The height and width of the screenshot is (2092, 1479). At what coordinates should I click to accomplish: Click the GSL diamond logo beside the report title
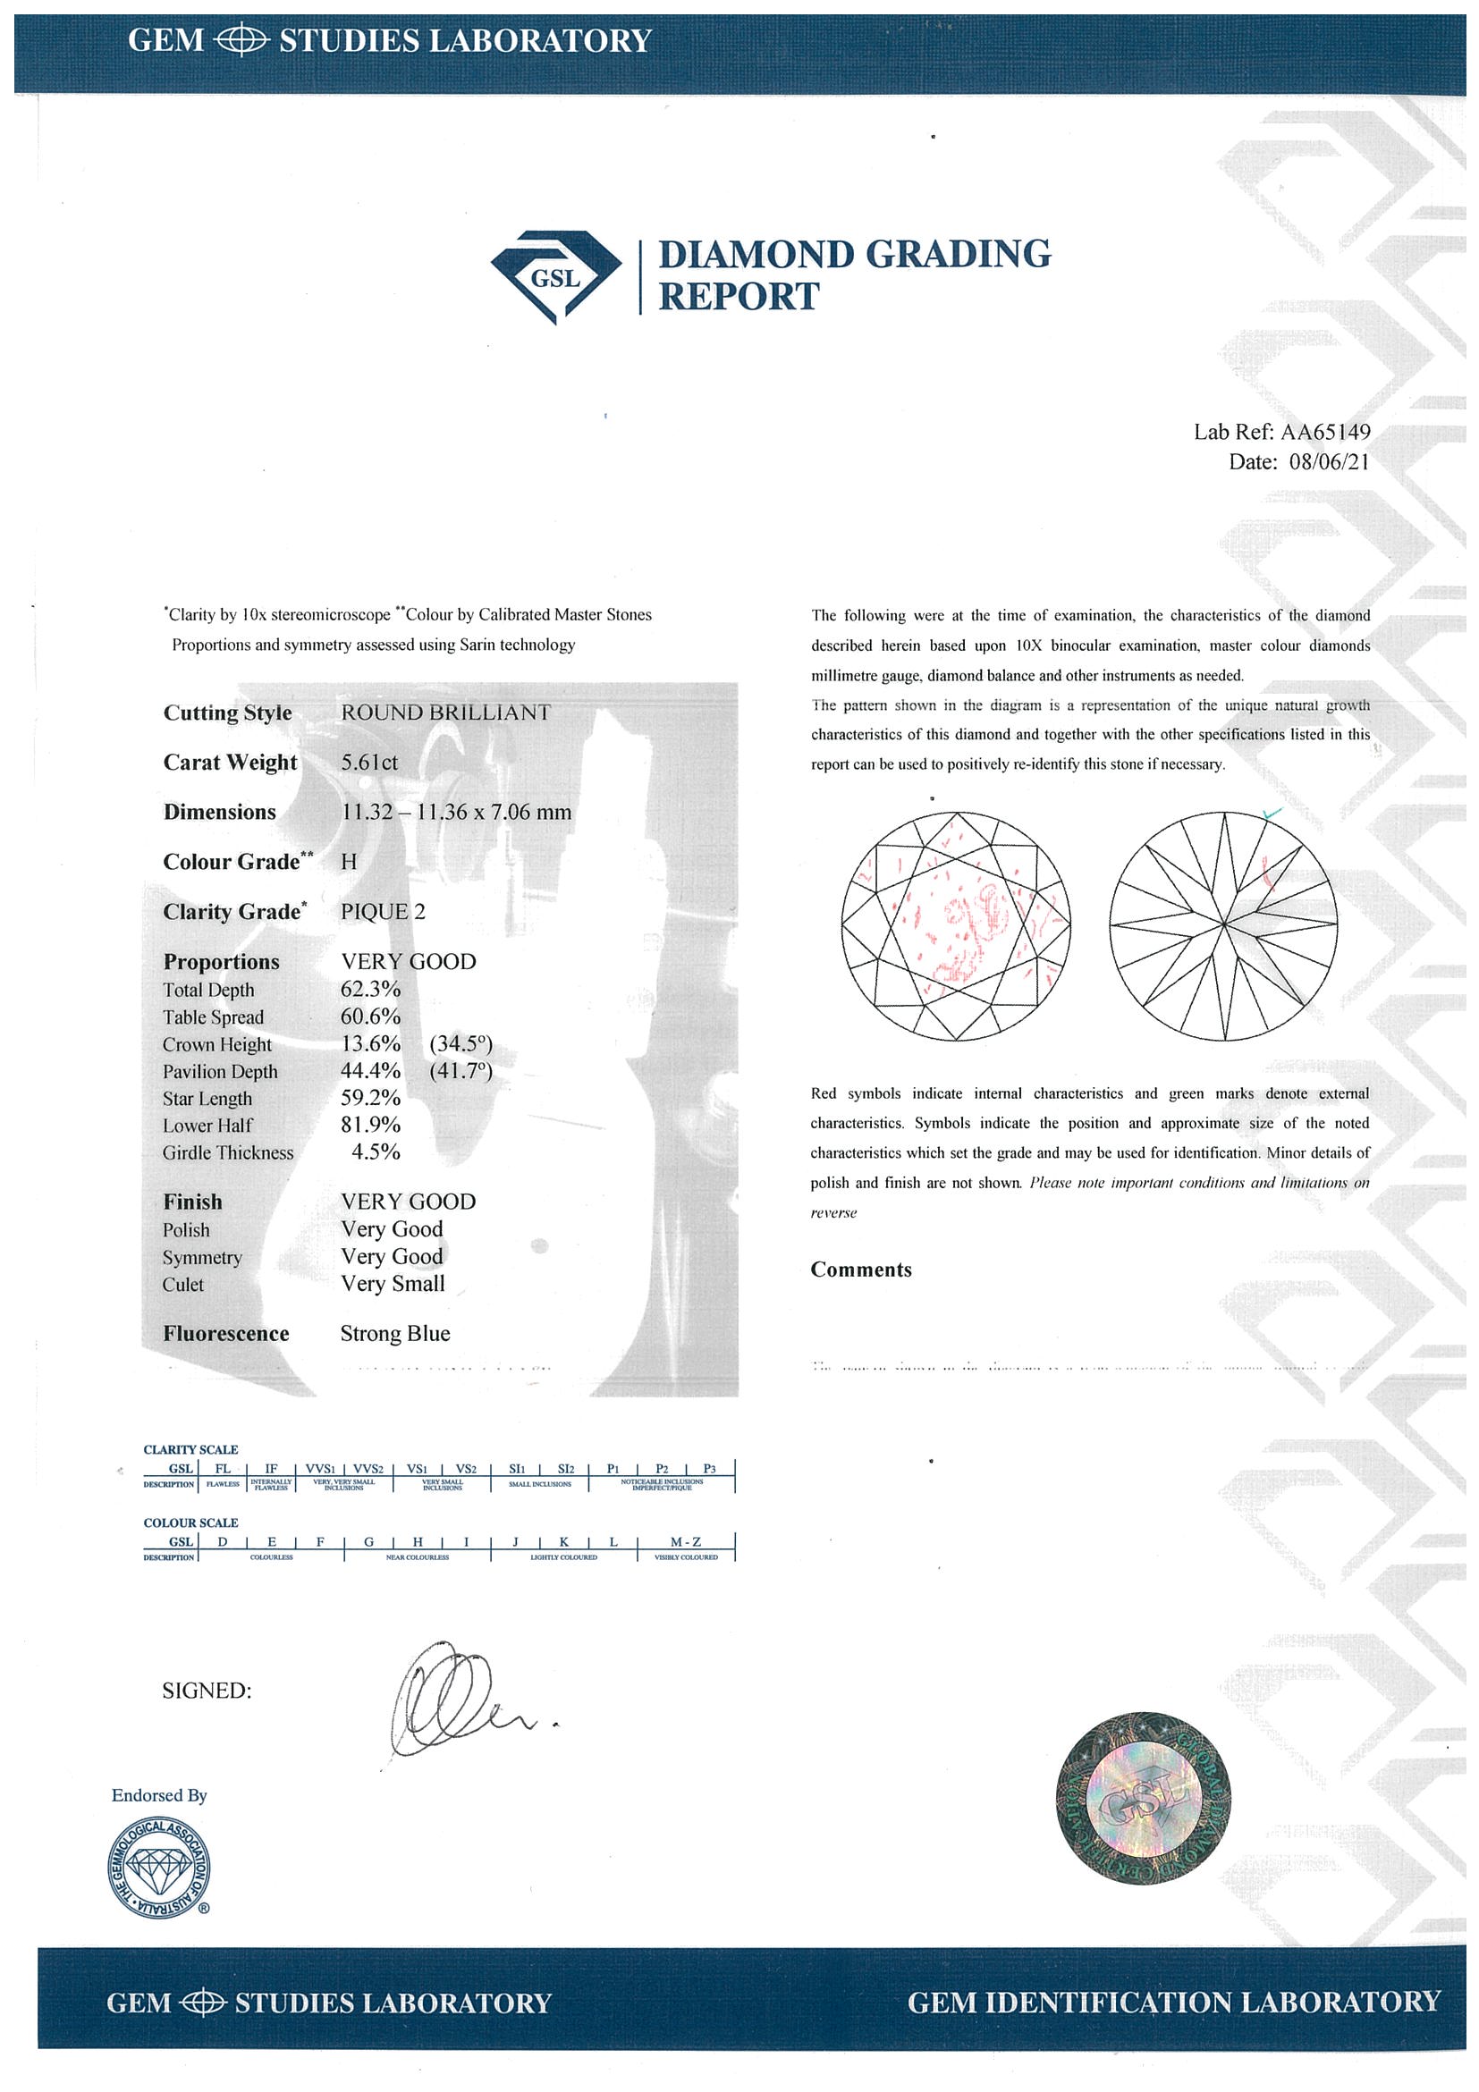point(555,276)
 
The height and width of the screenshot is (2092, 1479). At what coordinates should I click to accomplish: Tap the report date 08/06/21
point(1329,462)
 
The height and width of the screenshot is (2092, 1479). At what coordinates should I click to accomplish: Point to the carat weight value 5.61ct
point(369,763)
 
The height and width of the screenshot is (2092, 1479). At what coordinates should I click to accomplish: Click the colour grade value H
point(349,862)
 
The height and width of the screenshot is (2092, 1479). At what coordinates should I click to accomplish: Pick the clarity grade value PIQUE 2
point(383,912)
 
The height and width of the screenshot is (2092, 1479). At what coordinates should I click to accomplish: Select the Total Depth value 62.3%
point(370,990)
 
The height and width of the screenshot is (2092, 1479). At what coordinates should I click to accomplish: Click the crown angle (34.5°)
point(461,1044)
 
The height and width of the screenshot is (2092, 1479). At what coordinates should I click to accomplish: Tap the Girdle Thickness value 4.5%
point(376,1152)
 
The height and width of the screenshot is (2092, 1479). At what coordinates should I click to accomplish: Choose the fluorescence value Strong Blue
point(394,1334)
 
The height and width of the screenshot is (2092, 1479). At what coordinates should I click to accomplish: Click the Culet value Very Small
point(393,1284)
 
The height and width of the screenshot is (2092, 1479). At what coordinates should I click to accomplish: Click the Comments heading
point(860,1270)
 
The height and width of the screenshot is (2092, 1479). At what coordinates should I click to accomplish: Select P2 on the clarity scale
point(662,1468)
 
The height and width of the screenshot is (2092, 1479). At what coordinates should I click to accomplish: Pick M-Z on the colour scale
point(685,1541)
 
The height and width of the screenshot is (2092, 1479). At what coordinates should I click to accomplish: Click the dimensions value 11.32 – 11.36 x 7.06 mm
point(456,812)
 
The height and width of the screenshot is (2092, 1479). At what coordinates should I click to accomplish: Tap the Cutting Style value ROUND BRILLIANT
point(445,713)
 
